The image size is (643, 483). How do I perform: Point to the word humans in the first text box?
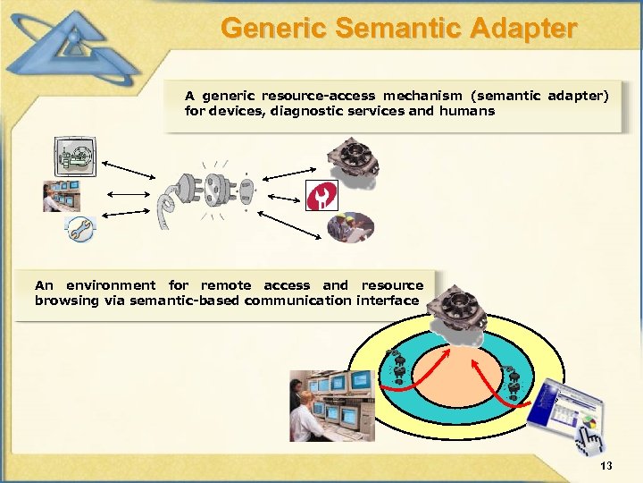[x=466, y=112]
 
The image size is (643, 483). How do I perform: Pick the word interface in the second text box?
[x=388, y=301]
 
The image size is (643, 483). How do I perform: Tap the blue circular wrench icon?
[x=79, y=231]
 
